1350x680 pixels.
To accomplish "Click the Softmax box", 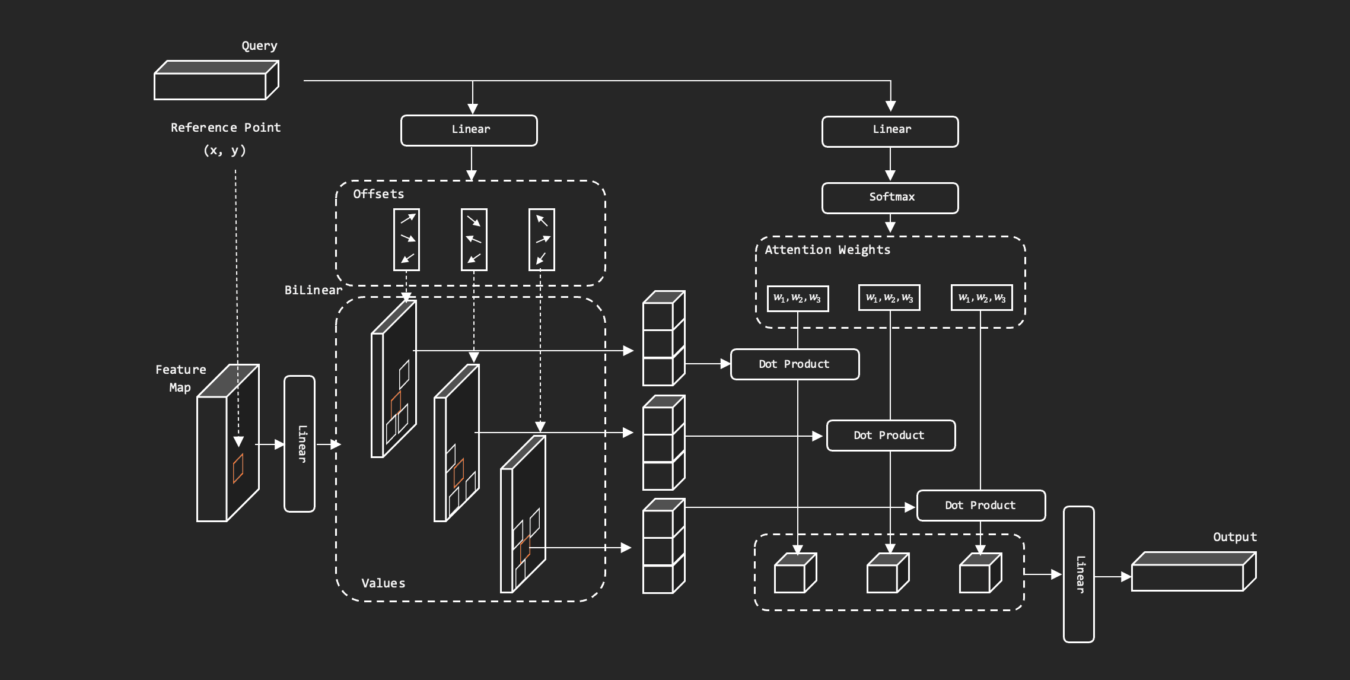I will pos(890,198).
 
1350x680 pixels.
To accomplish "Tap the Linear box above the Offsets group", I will pos(469,130).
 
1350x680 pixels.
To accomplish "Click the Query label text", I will pos(259,46).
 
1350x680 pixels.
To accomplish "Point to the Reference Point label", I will pos(225,128).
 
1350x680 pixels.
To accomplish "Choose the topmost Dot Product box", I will pos(794,364).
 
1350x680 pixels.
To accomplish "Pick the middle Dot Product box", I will pos(890,436).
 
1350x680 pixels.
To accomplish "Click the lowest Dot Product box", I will pos(980,506).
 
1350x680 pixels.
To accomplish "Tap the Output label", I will pos(1234,537).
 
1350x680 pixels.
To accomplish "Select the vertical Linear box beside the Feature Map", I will pos(300,444).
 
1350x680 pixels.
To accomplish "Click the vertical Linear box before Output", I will pos(1078,574).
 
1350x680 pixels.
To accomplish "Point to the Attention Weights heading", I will pos(827,250).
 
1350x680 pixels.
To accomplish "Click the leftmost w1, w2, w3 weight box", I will pos(797,298).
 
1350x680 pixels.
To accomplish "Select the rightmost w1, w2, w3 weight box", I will pos(982,298).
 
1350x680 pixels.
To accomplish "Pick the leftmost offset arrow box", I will pos(406,239).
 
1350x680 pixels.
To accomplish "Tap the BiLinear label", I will pos(313,290).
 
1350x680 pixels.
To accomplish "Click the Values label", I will pos(383,583).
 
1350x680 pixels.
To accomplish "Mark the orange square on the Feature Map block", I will pos(238,468).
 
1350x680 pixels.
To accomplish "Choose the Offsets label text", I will pos(378,194).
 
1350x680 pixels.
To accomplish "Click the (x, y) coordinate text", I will pos(225,150).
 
